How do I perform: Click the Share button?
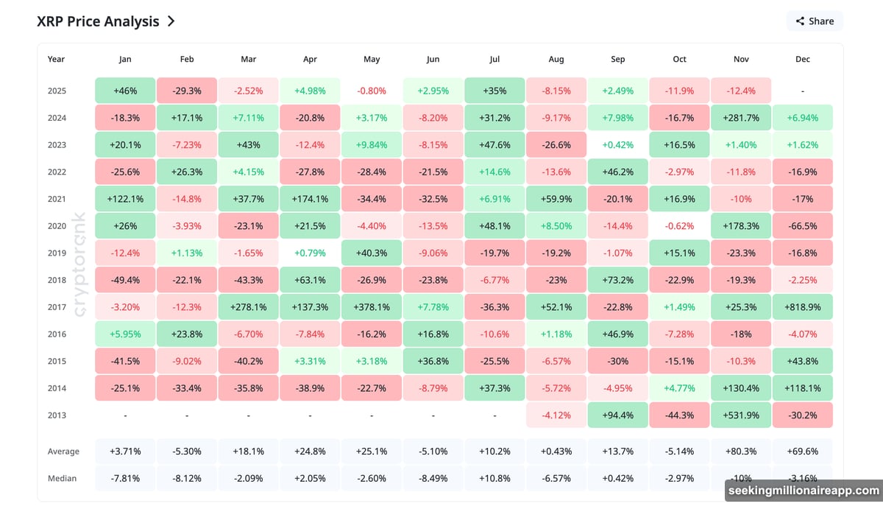coord(814,21)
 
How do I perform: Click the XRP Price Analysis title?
coord(98,21)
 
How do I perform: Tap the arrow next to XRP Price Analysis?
coord(171,21)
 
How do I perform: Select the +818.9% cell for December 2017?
coord(802,307)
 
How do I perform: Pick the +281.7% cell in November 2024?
coord(740,118)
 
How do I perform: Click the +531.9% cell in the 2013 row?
coord(740,415)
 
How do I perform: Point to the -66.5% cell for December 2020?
coord(802,226)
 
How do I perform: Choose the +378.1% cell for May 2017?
coord(372,307)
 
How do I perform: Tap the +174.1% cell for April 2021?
coord(310,199)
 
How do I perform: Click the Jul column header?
coord(494,59)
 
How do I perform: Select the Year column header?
coord(56,59)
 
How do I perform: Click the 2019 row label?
coord(57,253)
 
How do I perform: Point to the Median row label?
coord(63,478)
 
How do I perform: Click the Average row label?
coord(63,451)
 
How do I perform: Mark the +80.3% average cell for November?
coord(740,451)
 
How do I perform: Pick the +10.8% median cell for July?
coord(494,478)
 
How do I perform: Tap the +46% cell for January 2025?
coord(125,91)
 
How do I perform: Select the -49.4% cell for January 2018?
coord(125,280)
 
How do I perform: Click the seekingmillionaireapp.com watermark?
coord(803,490)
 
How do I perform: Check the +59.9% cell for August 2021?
coord(556,199)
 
